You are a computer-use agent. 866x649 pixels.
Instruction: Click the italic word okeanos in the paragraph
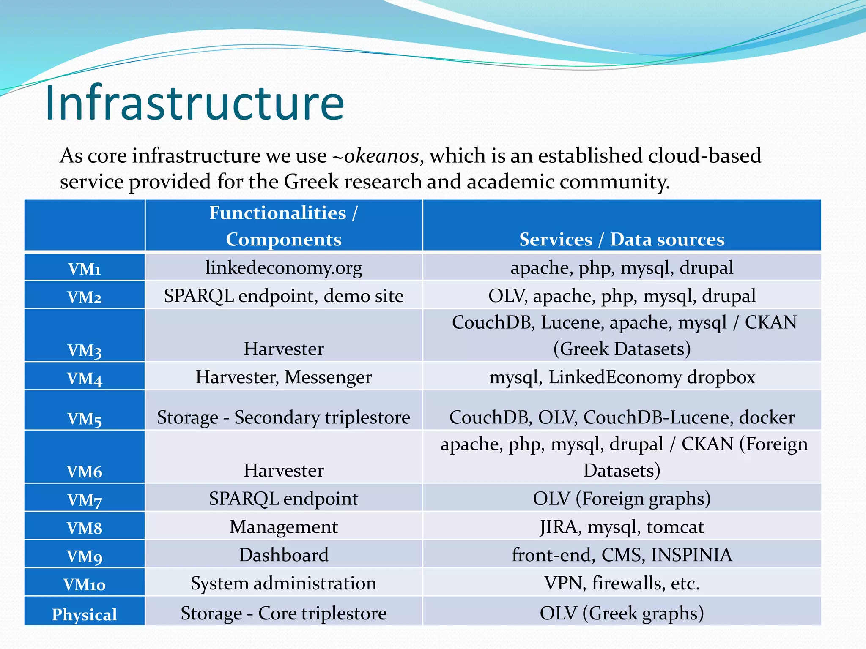381,156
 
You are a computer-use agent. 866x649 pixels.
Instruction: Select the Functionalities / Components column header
283,226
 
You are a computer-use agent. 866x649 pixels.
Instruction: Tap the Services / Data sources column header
622,239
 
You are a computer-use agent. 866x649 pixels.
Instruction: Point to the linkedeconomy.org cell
283,267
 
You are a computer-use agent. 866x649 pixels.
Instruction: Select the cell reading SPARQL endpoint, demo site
283,296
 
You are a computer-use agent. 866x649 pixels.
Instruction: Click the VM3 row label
85,350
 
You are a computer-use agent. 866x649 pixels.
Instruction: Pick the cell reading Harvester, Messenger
283,377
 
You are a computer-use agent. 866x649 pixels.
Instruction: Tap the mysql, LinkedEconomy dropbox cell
622,377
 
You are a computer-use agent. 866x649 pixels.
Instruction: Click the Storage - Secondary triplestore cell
283,417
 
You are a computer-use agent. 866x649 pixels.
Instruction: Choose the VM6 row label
85,472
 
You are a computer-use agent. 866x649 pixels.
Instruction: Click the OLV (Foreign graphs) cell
622,499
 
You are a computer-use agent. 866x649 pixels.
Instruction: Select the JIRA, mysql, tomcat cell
622,527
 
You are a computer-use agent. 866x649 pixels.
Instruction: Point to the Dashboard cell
283,555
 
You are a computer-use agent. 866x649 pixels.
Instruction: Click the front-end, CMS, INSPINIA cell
622,555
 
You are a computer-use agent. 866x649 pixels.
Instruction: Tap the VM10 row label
85,584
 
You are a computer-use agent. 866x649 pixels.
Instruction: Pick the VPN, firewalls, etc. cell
622,583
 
